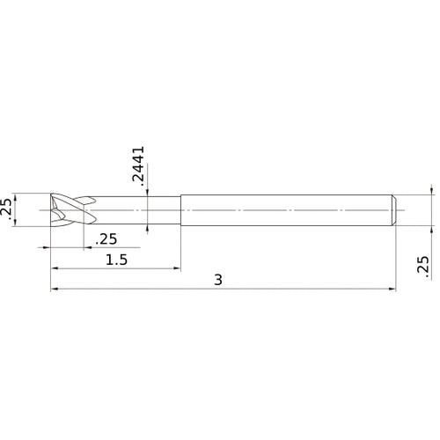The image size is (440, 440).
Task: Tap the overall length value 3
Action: tap(218, 280)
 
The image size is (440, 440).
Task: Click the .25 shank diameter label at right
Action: tap(423, 267)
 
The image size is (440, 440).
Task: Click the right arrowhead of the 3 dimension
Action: tap(395, 288)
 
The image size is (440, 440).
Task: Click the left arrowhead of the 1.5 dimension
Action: tap(55, 268)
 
